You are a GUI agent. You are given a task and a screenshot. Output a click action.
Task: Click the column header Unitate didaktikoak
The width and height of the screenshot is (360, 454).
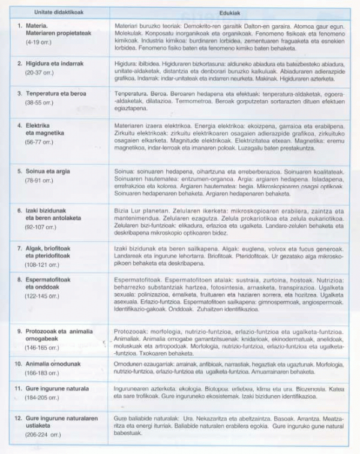click(58, 11)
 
